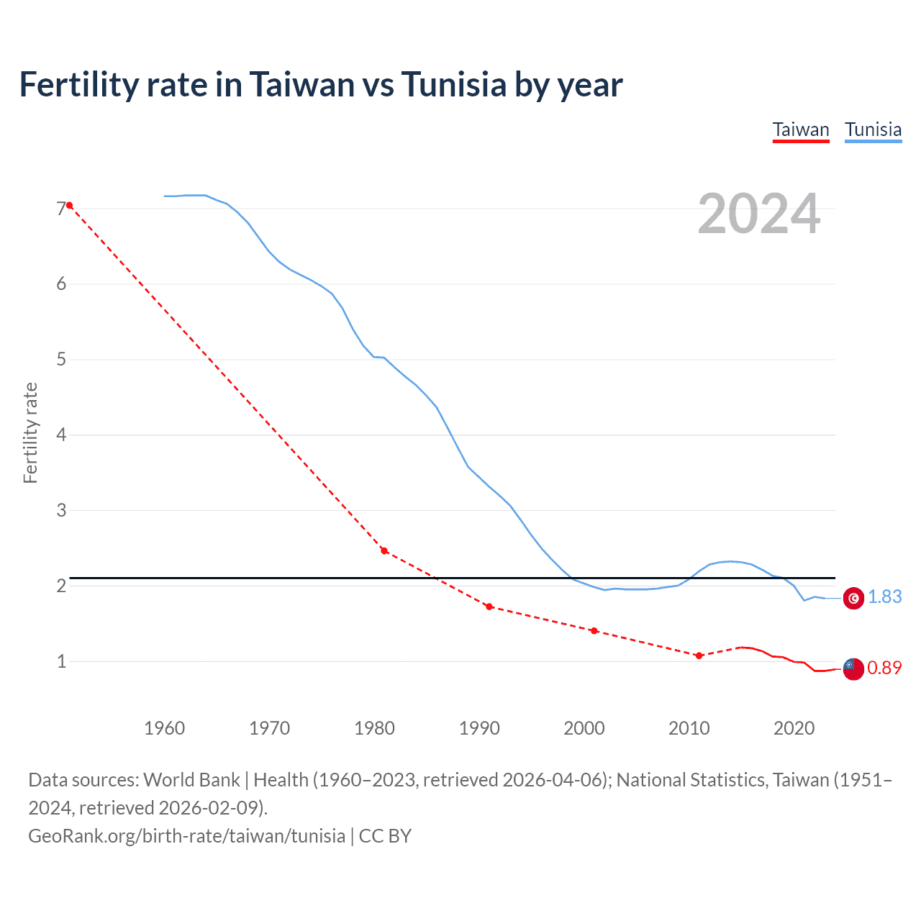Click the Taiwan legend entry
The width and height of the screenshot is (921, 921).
coord(801,130)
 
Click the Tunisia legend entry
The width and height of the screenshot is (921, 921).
coord(873,130)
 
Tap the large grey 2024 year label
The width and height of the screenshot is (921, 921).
coord(758,214)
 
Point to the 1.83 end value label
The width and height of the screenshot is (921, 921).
coord(884,597)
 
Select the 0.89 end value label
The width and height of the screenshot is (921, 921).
coord(884,668)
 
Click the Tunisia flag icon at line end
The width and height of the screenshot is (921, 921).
coord(853,598)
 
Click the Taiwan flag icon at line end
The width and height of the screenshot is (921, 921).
coord(853,668)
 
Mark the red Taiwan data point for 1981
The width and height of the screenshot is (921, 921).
coord(384,551)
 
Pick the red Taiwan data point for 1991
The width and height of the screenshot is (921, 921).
coord(489,607)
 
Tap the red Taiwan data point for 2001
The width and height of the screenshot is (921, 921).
coord(594,631)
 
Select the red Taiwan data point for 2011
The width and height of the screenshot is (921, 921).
coord(699,655)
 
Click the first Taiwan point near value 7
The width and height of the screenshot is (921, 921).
coord(69,206)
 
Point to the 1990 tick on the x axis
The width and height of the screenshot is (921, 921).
coord(479,728)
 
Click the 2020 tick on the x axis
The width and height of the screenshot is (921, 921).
coord(794,728)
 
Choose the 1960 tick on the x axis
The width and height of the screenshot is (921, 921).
coord(165,728)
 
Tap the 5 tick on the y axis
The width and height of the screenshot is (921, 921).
coord(61,359)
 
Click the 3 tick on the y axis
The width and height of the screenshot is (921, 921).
coord(61,510)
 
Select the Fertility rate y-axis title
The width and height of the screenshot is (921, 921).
coord(30,433)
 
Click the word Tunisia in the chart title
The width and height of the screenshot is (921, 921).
coord(453,85)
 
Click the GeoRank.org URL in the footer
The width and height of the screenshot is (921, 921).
coord(186,836)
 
